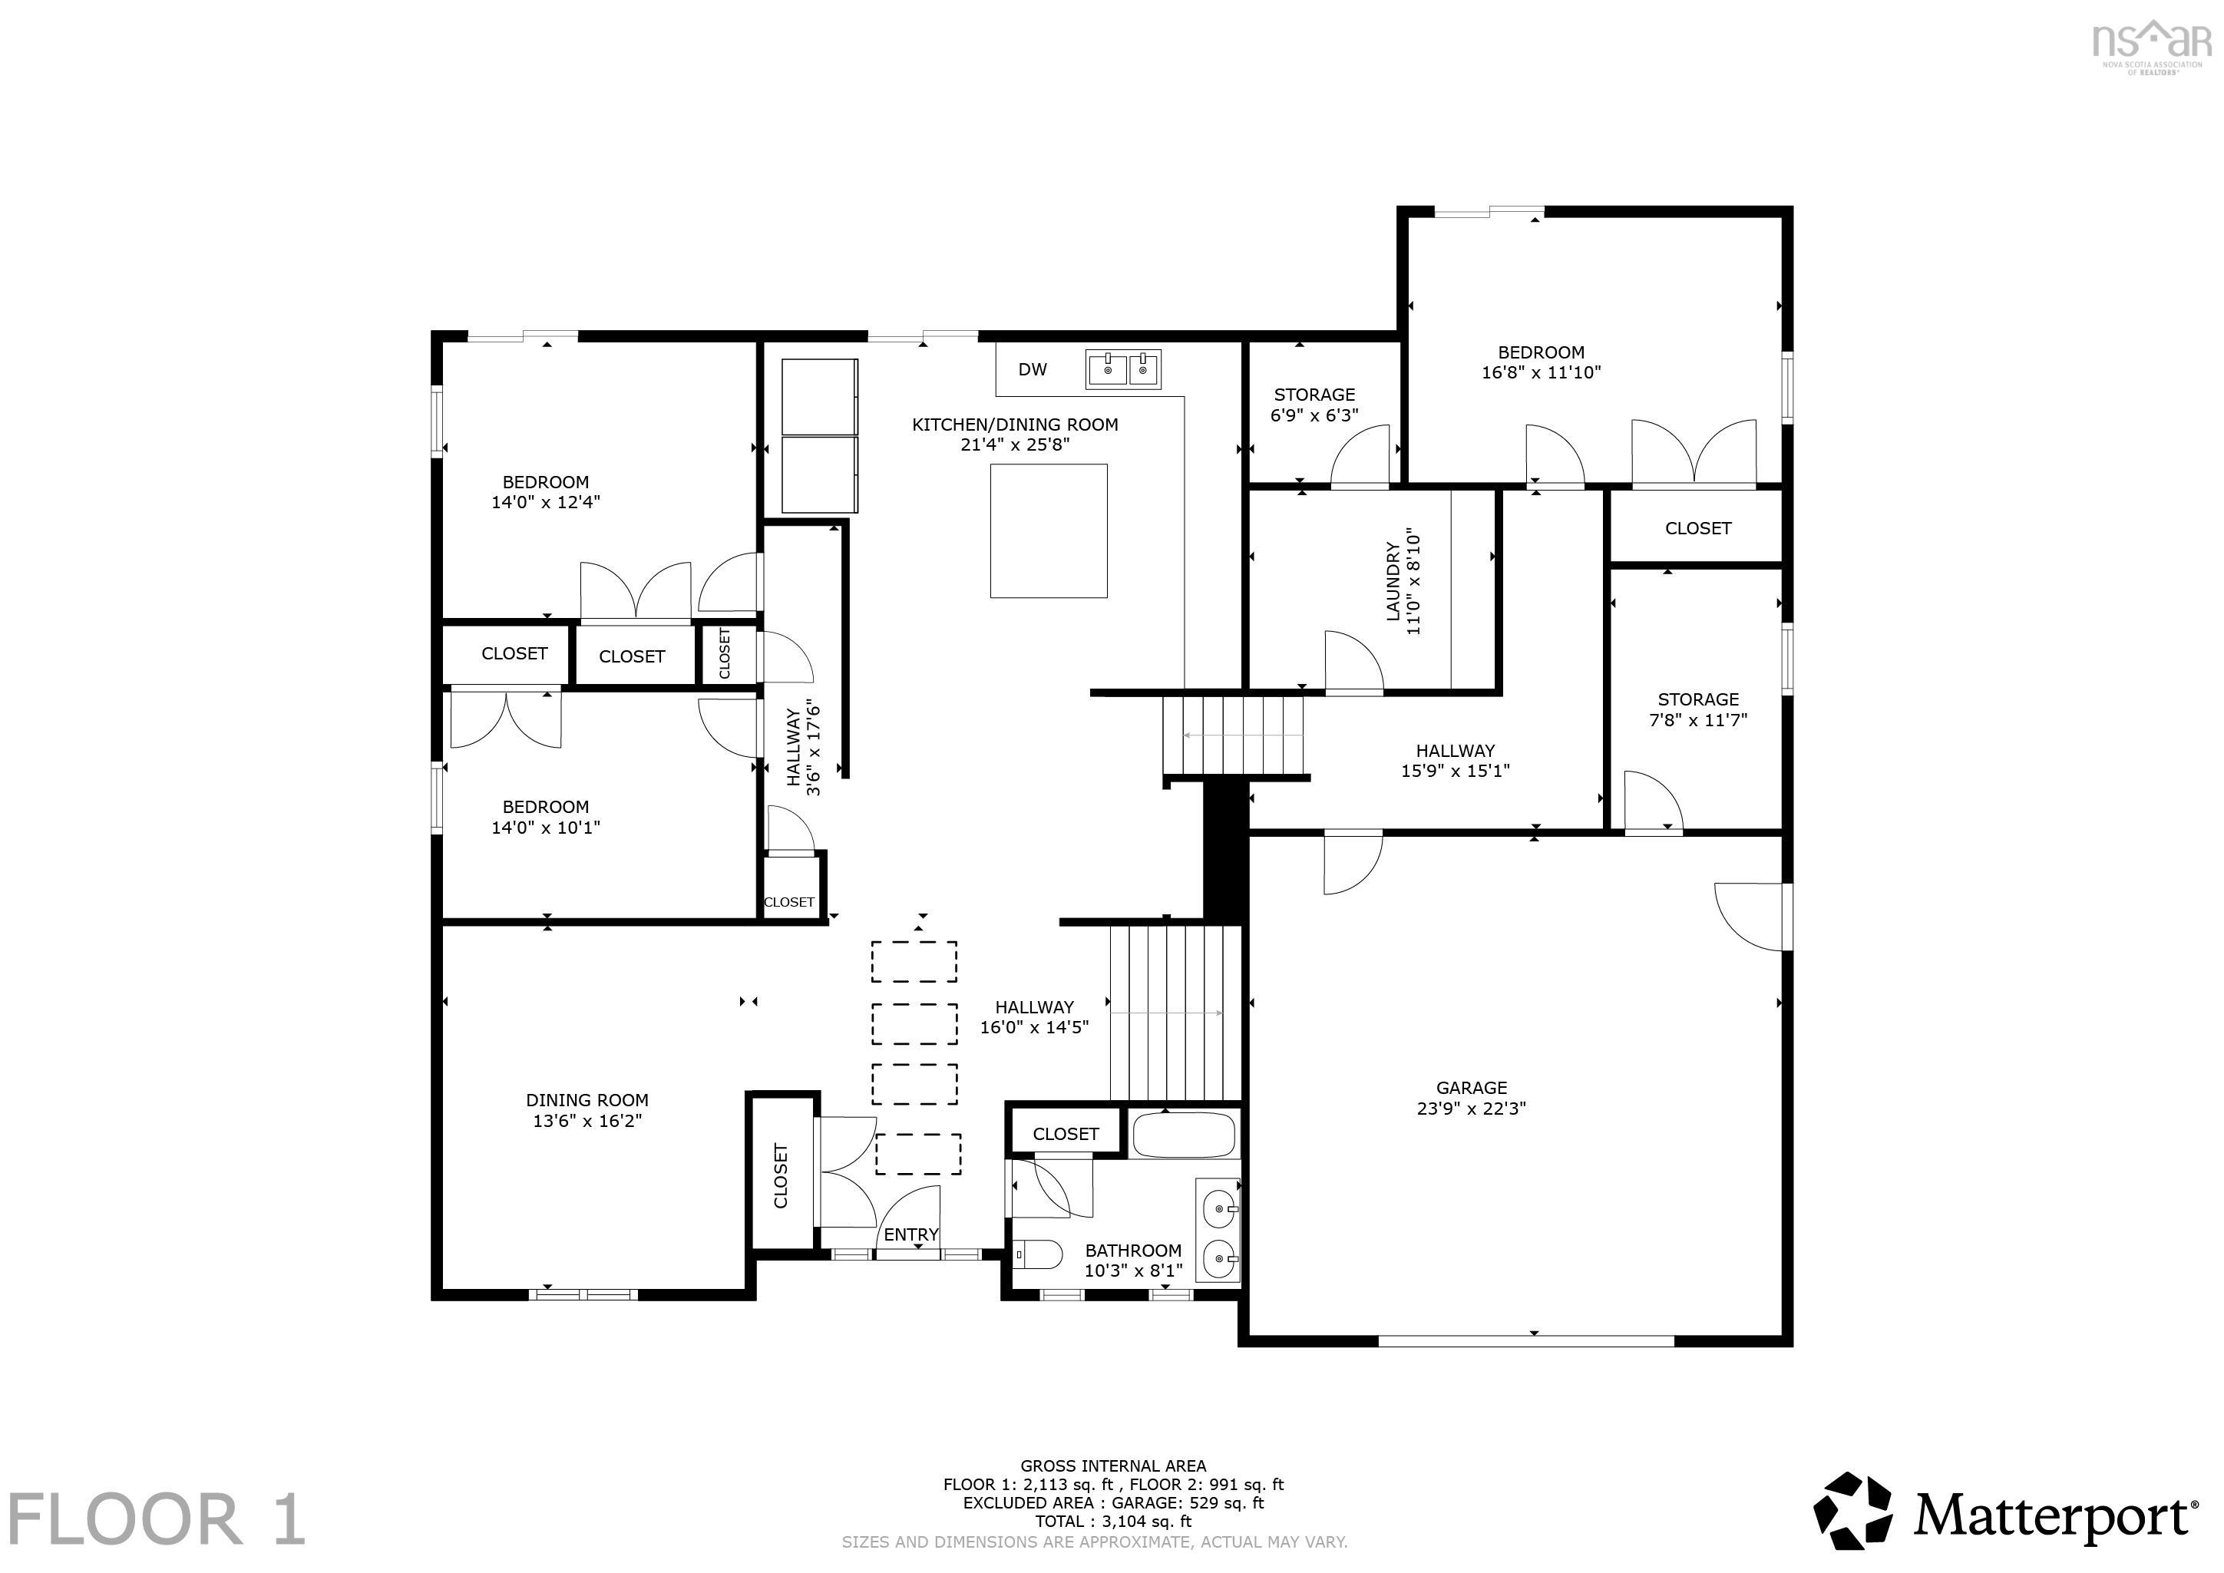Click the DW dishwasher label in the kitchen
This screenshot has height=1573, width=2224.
click(x=1032, y=369)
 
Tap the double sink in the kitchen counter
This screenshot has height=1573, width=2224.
click(x=1122, y=369)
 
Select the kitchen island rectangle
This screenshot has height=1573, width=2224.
click(x=1048, y=530)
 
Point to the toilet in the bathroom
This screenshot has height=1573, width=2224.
click(x=1036, y=1255)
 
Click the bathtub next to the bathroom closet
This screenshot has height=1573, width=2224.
click(x=1184, y=1135)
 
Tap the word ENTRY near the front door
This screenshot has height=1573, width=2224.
click(x=910, y=1234)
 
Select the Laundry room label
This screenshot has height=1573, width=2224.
click(x=1393, y=581)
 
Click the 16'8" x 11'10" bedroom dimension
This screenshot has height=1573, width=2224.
click(x=1540, y=372)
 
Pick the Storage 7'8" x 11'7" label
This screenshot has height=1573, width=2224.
click(x=1697, y=709)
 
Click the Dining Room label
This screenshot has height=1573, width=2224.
click(x=587, y=1100)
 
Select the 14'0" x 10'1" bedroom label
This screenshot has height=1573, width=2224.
click(x=545, y=827)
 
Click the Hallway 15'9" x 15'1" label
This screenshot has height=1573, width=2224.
click(x=1455, y=760)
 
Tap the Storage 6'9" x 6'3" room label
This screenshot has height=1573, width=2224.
click(x=1314, y=405)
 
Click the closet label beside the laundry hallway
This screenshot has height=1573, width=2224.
click(x=1697, y=528)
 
